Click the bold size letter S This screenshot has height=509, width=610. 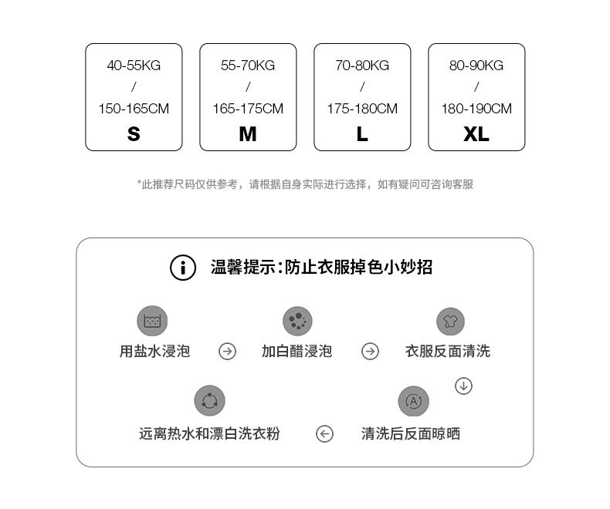pyautogui.click(x=134, y=134)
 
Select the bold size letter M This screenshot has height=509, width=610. pyautogui.click(x=248, y=134)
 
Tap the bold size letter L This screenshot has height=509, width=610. pyautogui.click(x=362, y=134)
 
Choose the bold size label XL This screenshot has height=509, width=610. pyautogui.click(x=476, y=134)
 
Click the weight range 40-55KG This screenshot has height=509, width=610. pyautogui.click(x=134, y=66)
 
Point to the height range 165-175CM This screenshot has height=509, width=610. pyautogui.click(x=248, y=109)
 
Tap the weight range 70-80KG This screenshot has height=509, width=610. pyautogui.click(x=362, y=66)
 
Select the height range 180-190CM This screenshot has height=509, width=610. pyautogui.click(x=476, y=109)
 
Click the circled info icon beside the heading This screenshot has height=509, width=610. pyautogui.click(x=183, y=268)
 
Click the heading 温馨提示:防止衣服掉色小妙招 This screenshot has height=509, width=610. pyautogui.click(x=321, y=268)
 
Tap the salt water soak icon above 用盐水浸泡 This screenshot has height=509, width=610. pyautogui.click(x=151, y=320)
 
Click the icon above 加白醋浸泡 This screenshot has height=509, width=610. pyautogui.click(x=297, y=320)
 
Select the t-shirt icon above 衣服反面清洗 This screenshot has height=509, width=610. pyautogui.click(x=450, y=321)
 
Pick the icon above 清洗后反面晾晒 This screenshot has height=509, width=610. pyautogui.click(x=413, y=401)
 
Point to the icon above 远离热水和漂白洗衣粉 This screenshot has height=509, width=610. pyautogui.click(x=209, y=401)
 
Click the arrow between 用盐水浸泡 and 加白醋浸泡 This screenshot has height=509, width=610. pyautogui.click(x=227, y=352)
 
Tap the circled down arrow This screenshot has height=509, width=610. pyautogui.click(x=463, y=386)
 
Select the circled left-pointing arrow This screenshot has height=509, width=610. pyautogui.click(x=324, y=434)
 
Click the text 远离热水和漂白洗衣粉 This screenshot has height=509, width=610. pyautogui.click(x=209, y=434)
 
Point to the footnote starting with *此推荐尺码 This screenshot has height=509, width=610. pyautogui.click(x=305, y=184)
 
